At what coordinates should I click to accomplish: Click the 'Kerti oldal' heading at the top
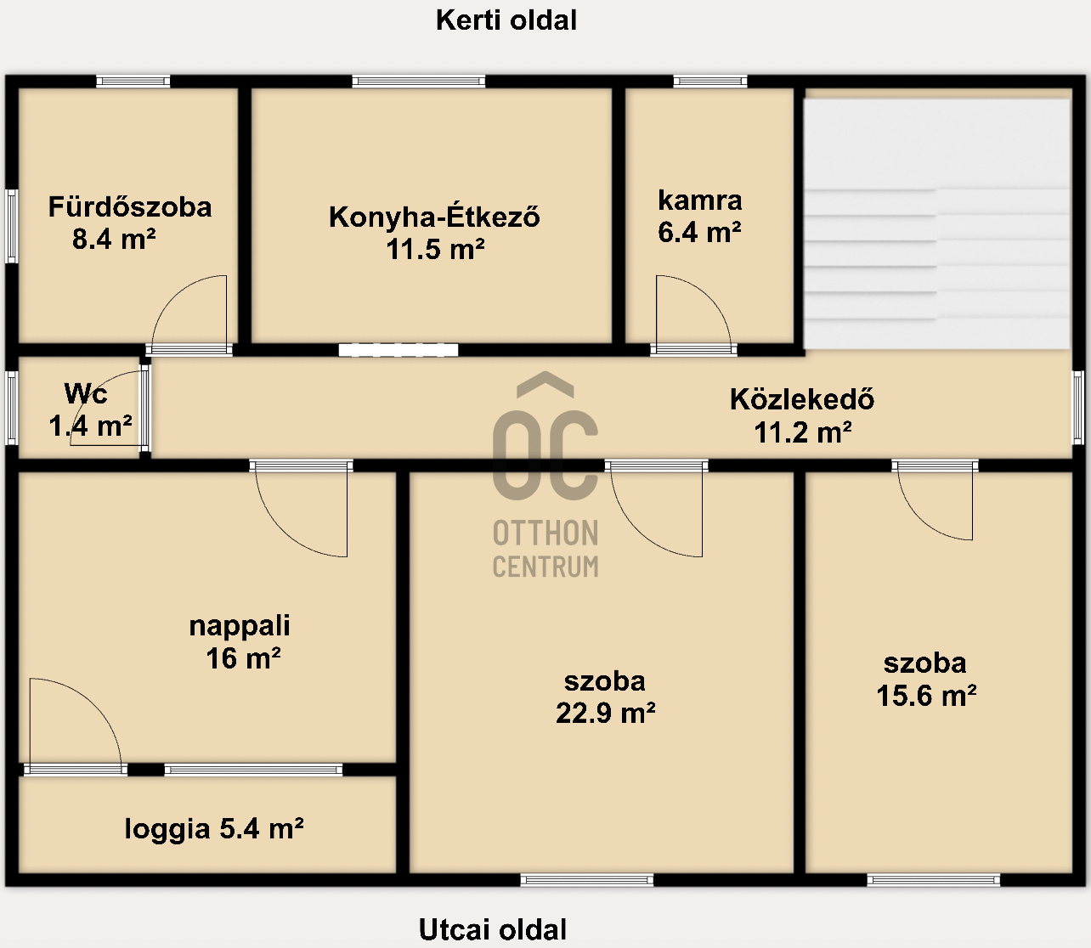(506, 20)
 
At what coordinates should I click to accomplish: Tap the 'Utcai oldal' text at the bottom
(493, 929)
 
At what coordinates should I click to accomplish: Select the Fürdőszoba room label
(130, 207)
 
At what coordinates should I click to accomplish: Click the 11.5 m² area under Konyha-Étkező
(435, 250)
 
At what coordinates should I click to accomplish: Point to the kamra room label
(700, 200)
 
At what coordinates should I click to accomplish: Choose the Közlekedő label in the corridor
(802, 399)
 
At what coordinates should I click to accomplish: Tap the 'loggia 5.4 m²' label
(214, 828)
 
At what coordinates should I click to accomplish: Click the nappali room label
(240, 626)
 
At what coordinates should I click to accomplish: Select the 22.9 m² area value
(605, 713)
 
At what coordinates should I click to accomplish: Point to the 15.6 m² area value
(926, 696)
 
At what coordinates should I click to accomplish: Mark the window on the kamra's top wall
(710, 82)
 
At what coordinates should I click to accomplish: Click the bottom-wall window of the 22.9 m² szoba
(587, 880)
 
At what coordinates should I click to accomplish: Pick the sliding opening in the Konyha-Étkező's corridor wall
(399, 350)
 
